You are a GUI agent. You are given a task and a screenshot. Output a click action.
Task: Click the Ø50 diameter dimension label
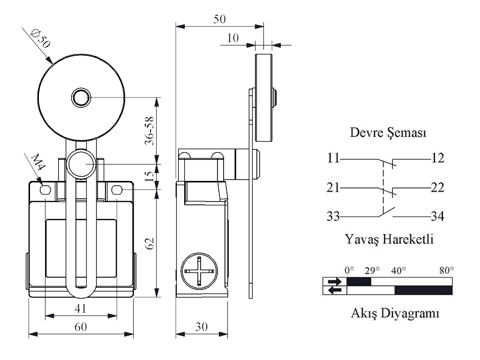pyautogui.click(x=40, y=41)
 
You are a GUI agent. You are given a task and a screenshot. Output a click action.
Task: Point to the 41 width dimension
pyautogui.click(x=81, y=309)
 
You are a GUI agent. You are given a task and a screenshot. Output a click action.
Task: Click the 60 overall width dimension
pyautogui.click(x=81, y=327)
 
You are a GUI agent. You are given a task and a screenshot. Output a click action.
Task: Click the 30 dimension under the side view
pyautogui.click(x=202, y=327)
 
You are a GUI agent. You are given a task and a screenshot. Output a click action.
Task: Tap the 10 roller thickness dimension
pyautogui.click(x=232, y=38)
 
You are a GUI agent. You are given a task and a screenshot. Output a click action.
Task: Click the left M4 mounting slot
pyautogui.click(x=45, y=190)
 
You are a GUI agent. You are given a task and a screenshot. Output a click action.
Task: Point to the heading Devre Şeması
pyautogui.click(x=388, y=133)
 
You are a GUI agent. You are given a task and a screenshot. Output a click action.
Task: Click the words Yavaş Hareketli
pyautogui.click(x=389, y=240)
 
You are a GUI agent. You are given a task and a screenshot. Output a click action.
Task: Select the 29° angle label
pyautogui.click(x=372, y=270)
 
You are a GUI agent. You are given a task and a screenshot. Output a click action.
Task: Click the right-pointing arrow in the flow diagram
pyautogui.click(x=335, y=282)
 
